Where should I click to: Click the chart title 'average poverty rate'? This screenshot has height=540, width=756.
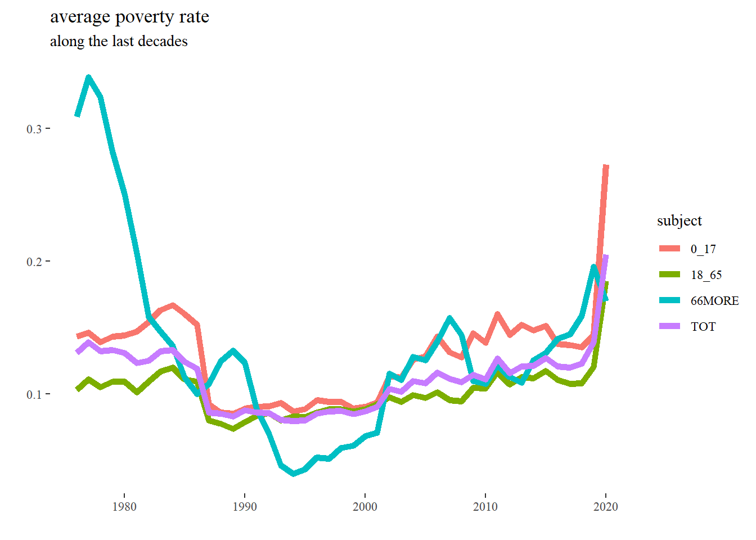click(x=129, y=17)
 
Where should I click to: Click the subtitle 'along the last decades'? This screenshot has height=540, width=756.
click(x=119, y=42)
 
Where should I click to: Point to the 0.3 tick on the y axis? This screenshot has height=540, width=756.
click(x=34, y=129)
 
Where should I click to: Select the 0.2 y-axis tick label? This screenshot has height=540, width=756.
click(x=34, y=262)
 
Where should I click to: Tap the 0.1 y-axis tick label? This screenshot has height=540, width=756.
click(x=34, y=394)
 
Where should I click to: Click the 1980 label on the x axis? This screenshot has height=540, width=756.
click(x=124, y=507)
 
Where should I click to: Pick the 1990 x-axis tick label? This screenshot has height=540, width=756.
click(x=245, y=507)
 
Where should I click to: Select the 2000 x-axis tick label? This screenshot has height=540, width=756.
click(x=365, y=507)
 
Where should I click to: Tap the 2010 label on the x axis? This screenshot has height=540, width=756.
click(x=485, y=507)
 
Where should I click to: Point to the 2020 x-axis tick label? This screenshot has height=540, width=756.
click(x=606, y=507)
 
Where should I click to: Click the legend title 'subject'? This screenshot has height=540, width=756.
click(x=679, y=220)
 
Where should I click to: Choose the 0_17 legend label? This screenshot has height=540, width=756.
click(x=703, y=249)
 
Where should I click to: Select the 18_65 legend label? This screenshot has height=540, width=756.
click(x=706, y=275)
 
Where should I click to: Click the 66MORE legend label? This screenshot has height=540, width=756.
click(x=714, y=301)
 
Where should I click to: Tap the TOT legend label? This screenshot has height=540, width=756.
click(x=703, y=327)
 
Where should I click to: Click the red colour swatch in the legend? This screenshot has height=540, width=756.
click(x=669, y=249)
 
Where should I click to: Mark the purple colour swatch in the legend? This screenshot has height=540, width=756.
click(x=669, y=326)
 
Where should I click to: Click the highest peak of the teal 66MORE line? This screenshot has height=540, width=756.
click(x=89, y=77)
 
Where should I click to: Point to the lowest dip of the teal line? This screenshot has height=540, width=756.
click(x=293, y=474)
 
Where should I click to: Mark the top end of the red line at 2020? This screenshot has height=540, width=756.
click(x=606, y=166)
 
